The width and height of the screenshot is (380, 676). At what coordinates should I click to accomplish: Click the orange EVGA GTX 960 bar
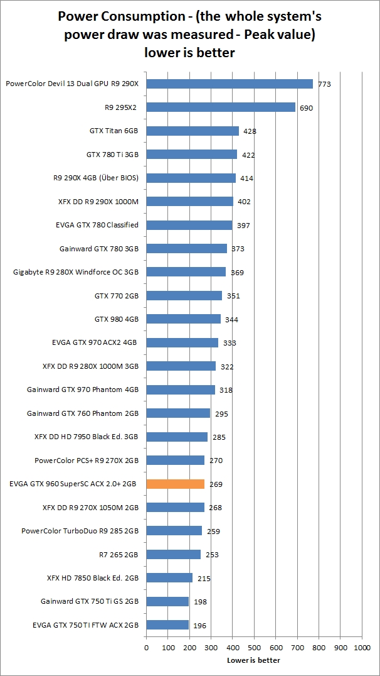[x=176, y=484]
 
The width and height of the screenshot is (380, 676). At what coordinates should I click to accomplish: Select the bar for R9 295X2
[x=221, y=107]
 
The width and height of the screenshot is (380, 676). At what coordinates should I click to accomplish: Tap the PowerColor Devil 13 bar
[x=230, y=84]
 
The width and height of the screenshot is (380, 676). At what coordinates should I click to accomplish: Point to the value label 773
[x=324, y=84]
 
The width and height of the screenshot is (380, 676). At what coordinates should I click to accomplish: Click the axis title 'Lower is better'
[x=253, y=660]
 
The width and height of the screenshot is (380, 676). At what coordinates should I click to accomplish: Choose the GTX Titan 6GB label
[x=114, y=131]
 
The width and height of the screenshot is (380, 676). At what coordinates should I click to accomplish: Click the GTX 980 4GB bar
[x=183, y=319]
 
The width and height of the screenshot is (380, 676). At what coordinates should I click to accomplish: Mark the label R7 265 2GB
[x=115, y=554]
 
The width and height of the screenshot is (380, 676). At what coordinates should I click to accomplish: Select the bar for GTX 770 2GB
[x=184, y=295]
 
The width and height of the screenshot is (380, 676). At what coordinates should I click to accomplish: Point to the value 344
[x=231, y=320]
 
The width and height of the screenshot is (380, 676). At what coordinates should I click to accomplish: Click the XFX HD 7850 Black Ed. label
[x=93, y=577]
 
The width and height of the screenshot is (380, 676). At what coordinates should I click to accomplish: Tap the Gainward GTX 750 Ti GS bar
[x=167, y=601]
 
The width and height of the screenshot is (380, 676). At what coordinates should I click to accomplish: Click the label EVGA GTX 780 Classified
[x=97, y=224]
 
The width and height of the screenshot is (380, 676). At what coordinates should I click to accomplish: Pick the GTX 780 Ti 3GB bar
[x=191, y=155]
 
